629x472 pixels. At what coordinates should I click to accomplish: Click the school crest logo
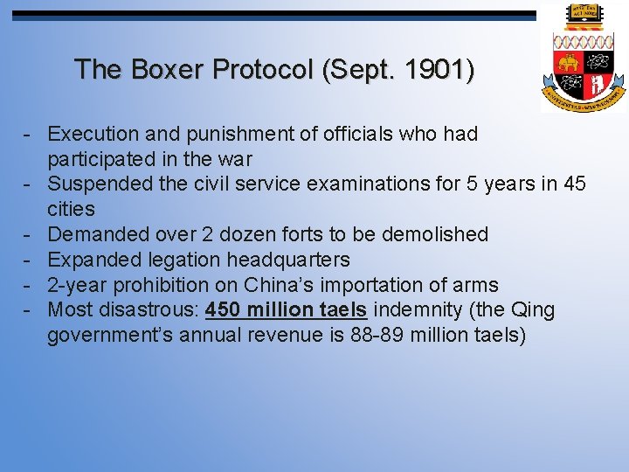tap(583, 59)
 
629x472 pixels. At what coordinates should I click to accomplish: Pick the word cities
tap(71, 209)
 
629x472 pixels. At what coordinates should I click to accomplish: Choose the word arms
tap(475, 285)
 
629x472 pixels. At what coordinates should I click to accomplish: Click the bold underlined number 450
tap(224, 310)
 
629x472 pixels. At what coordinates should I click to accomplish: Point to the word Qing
tap(534, 310)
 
